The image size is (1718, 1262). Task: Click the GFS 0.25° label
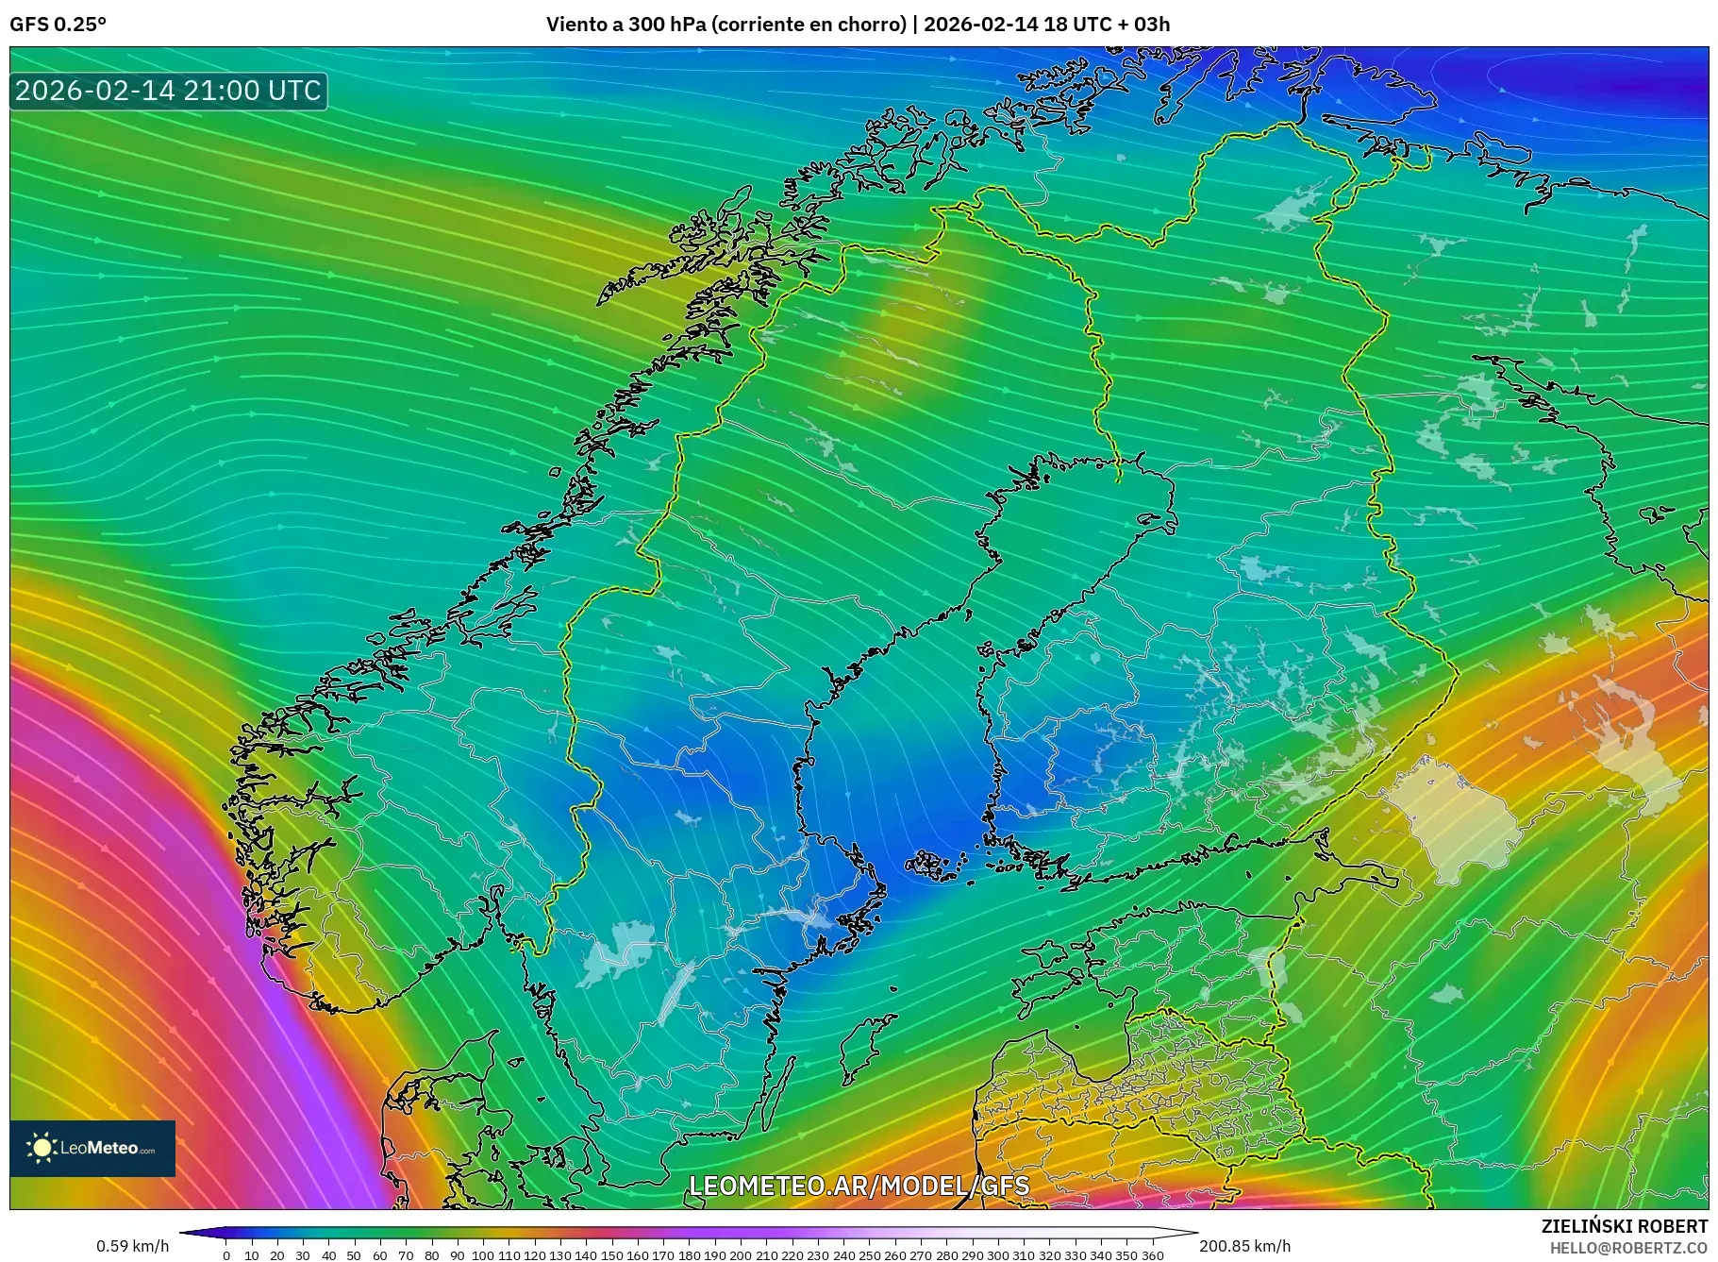(x=58, y=25)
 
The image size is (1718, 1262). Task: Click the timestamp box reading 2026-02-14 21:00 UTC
(x=168, y=91)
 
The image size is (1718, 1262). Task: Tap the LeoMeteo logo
(x=92, y=1148)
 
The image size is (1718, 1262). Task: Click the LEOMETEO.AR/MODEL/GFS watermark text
(x=859, y=1186)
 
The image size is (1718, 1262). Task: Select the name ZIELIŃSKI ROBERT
(x=1624, y=1226)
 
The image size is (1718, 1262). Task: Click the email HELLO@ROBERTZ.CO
(x=1628, y=1248)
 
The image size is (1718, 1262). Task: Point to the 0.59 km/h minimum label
(x=132, y=1246)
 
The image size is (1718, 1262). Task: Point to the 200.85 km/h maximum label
(x=1244, y=1246)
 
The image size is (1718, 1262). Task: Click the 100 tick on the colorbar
(x=483, y=1255)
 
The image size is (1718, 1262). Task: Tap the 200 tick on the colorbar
(x=741, y=1255)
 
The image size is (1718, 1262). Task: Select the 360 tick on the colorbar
(x=1152, y=1255)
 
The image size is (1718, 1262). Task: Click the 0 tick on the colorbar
(x=226, y=1255)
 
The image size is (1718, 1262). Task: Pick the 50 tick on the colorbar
(x=354, y=1255)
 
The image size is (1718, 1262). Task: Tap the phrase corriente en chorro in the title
(x=808, y=25)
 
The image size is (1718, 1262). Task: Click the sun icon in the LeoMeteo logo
(x=42, y=1148)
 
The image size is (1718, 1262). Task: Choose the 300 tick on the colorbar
(x=997, y=1255)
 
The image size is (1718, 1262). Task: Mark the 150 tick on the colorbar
(x=611, y=1255)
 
